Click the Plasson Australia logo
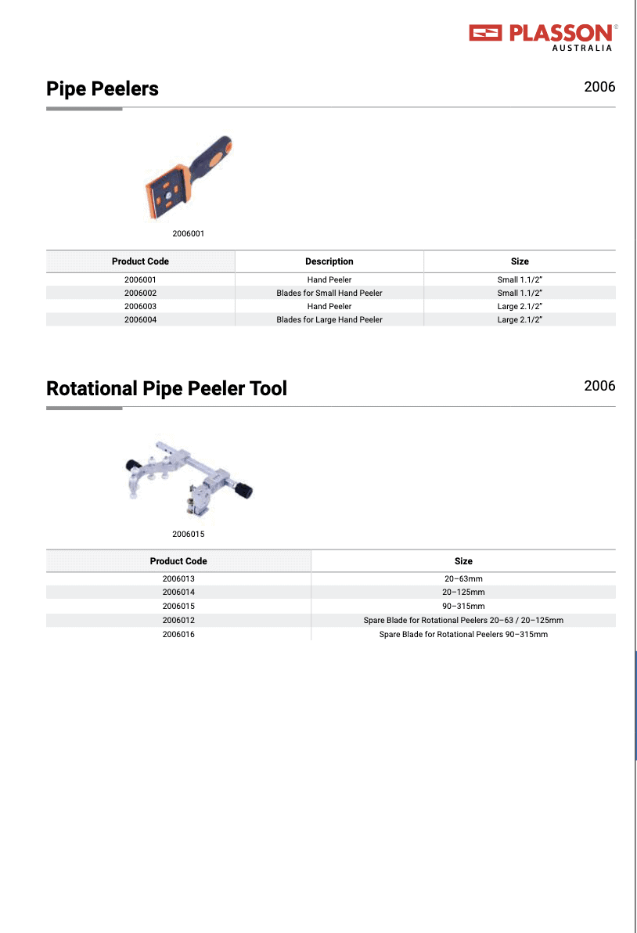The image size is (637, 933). [543, 36]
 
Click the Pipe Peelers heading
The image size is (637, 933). [103, 88]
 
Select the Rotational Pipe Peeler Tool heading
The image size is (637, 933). [167, 388]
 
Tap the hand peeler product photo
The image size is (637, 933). [189, 179]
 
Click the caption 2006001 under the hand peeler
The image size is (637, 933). [189, 233]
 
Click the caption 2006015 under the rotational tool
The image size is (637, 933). [189, 534]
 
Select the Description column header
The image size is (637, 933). [329, 261]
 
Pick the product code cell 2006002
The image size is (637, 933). [140, 293]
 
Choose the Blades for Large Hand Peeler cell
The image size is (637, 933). [329, 319]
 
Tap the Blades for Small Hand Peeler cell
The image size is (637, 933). [329, 293]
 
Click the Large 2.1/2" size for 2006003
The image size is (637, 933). [520, 306]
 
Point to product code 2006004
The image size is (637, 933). [140, 319]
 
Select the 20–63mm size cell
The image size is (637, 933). [463, 578]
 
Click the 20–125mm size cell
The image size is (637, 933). [463, 592]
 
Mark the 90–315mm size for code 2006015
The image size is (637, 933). [463, 606]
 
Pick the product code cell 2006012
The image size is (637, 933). [178, 620]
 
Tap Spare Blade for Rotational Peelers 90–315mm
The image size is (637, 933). [463, 634]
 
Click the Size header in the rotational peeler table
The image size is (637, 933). [463, 561]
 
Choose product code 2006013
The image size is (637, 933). [178, 578]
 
